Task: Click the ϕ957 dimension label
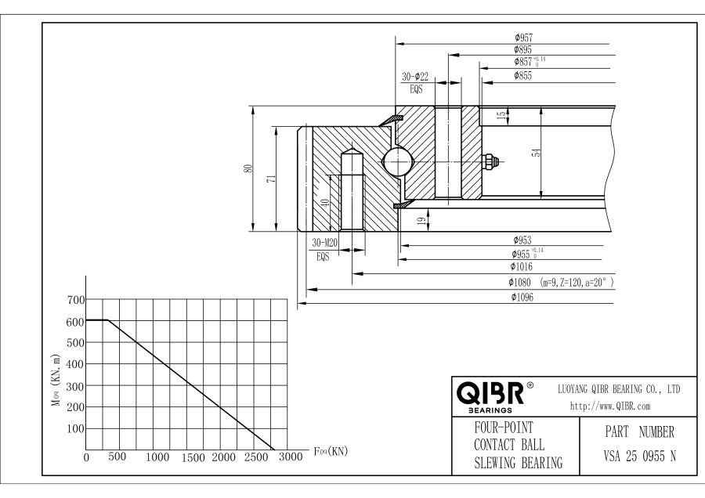523,37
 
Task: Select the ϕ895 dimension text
523,49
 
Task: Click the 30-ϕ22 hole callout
415,77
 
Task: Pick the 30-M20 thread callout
324,243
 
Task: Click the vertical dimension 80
248,169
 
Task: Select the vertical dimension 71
271,179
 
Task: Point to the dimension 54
536,153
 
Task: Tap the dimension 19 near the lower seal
421,222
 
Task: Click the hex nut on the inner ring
491,161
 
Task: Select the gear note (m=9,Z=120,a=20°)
577,282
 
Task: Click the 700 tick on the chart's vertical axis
74,300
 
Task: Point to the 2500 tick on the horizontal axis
255,456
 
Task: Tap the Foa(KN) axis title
330,451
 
